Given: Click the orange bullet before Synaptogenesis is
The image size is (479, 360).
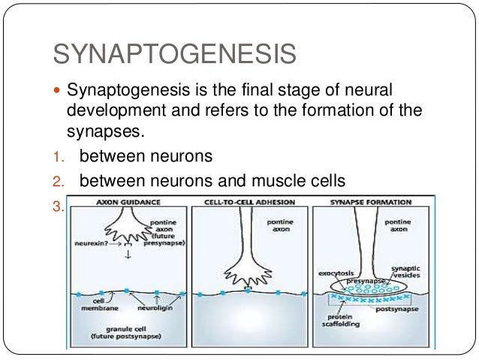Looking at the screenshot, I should pos(59,92).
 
